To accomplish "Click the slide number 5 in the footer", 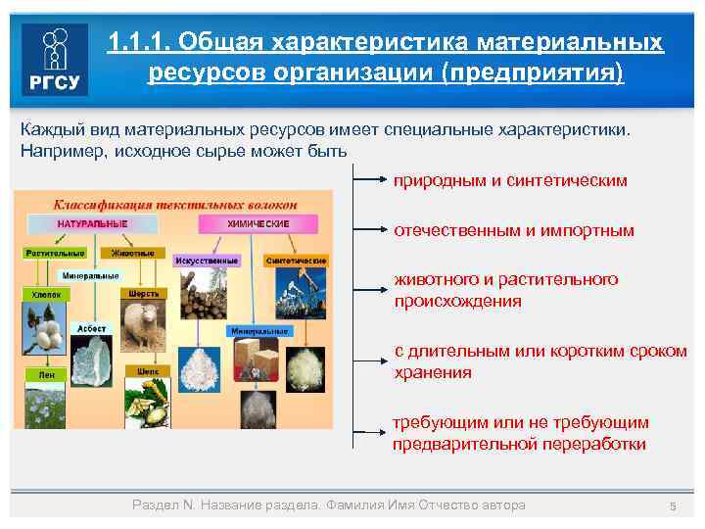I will point(673,505).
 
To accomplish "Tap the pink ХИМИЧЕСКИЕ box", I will point(258,224).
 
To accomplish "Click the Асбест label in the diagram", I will point(94,329).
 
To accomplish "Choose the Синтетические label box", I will point(295,261).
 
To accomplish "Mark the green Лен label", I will point(46,374).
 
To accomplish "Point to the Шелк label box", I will point(148,371).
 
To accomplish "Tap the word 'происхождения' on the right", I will point(457,301).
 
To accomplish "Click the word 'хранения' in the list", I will point(433,372).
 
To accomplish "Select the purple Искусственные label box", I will point(207,261).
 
